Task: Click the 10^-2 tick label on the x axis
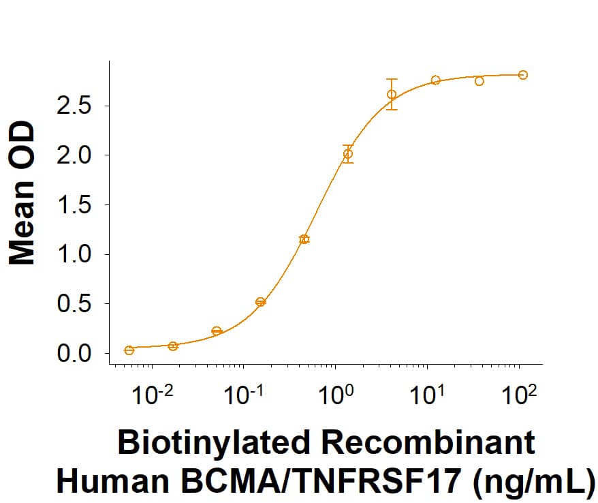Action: pyautogui.click(x=152, y=395)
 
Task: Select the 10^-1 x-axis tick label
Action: pyautogui.click(x=244, y=395)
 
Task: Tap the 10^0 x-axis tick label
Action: pyautogui.click(x=336, y=395)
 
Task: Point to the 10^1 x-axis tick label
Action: pyautogui.click(x=428, y=395)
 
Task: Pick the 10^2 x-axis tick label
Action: pyautogui.click(x=520, y=395)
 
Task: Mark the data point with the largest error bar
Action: pyautogui.click(x=392, y=94)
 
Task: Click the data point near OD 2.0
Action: pyautogui.click(x=348, y=154)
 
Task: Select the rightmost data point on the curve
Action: pyautogui.click(x=522, y=75)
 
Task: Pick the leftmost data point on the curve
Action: pyautogui.click(x=129, y=350)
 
